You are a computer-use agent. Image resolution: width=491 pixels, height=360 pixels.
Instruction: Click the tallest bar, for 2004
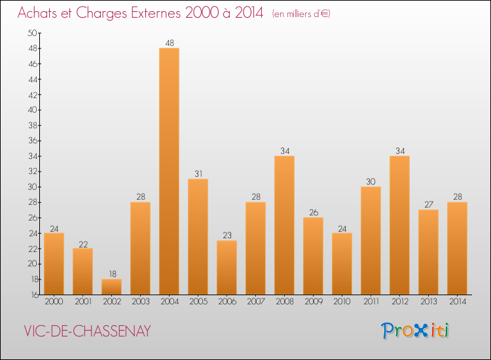pyautogui.click(x=169, y=171)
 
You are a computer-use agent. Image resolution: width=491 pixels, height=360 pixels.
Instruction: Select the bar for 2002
pyautogui.click(x=111, y=287)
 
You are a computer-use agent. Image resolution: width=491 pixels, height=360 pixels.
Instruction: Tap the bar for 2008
pyautogui.click(x=284, y=225)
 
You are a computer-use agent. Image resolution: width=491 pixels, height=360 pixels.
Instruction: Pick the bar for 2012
pyautogui.click(x=399, y=225)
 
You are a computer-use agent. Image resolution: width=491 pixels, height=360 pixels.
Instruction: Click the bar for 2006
pyautogui.click(x=227, y=268)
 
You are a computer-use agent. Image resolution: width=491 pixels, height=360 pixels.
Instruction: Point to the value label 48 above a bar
pyautogui.click(x=169, y=43)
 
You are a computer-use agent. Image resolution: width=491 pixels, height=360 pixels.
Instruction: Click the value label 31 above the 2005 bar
pyautogui.click(x=198, y=174)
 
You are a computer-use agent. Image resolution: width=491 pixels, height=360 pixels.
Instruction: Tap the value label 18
pyautogui.click(x=111, y=274)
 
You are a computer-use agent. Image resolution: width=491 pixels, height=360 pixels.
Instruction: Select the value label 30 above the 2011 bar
pyautogui.click(x=371, y=182)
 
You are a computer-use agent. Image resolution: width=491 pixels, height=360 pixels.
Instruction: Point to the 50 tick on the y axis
pyautogui.click(x=31, y=33)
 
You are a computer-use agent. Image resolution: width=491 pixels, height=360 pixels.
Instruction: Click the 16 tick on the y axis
pyautogui.click(x=31, y=295)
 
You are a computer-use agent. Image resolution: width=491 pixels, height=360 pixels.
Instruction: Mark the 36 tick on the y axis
pyautogui.click(x=31, y=141)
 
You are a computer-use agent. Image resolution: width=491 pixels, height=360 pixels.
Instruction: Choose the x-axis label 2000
pyautogui.click(x=54, y=302)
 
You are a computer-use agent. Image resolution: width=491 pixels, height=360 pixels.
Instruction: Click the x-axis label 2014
pyautogui.click(x=457, y=302)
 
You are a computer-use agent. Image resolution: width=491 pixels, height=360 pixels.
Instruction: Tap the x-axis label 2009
pyautogui.click(x=313, y=302)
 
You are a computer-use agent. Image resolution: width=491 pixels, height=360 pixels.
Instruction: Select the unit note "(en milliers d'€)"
pyautogui.click(x=300, y=14)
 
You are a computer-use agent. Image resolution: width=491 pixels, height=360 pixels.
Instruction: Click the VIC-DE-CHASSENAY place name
pyautogui.click(x=87, y=332)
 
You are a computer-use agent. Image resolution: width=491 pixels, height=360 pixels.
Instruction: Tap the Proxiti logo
pyautogui.click(x=416, y=331)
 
